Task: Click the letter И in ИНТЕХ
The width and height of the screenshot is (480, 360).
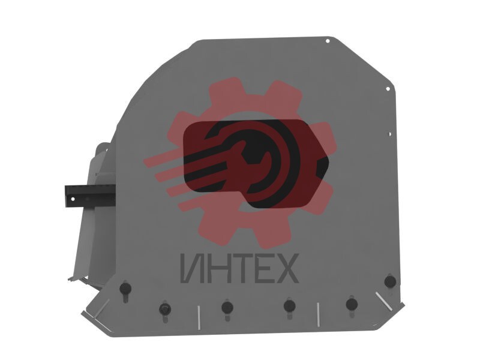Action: click(x=191, y=269)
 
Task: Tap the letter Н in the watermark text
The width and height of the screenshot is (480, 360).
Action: click(x=214, y=269)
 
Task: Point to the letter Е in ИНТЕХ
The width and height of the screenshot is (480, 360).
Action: click(x=260, y=269)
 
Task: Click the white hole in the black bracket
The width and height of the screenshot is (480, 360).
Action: click(x=73, y=199)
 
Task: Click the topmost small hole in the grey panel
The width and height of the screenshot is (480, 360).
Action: click(x=327, y=41)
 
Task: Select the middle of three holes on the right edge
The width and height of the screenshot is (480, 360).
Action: click(x=388, y=89)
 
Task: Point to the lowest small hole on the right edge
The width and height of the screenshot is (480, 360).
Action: click(x=389, y=134)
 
